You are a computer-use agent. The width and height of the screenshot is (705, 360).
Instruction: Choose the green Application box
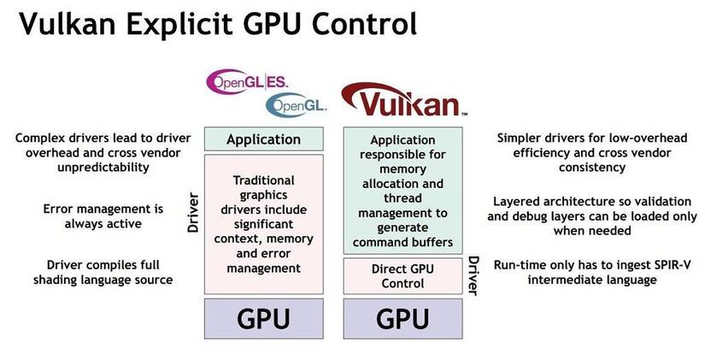[x=263, y=139]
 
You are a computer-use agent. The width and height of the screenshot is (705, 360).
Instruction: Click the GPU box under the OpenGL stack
[x=263, y=319]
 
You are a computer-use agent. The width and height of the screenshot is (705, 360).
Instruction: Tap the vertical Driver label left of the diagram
[x=194, y=214]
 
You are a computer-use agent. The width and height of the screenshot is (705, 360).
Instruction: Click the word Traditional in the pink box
[x=263, y=180]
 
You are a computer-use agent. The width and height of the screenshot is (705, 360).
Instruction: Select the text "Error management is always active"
[x=91, y=215]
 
